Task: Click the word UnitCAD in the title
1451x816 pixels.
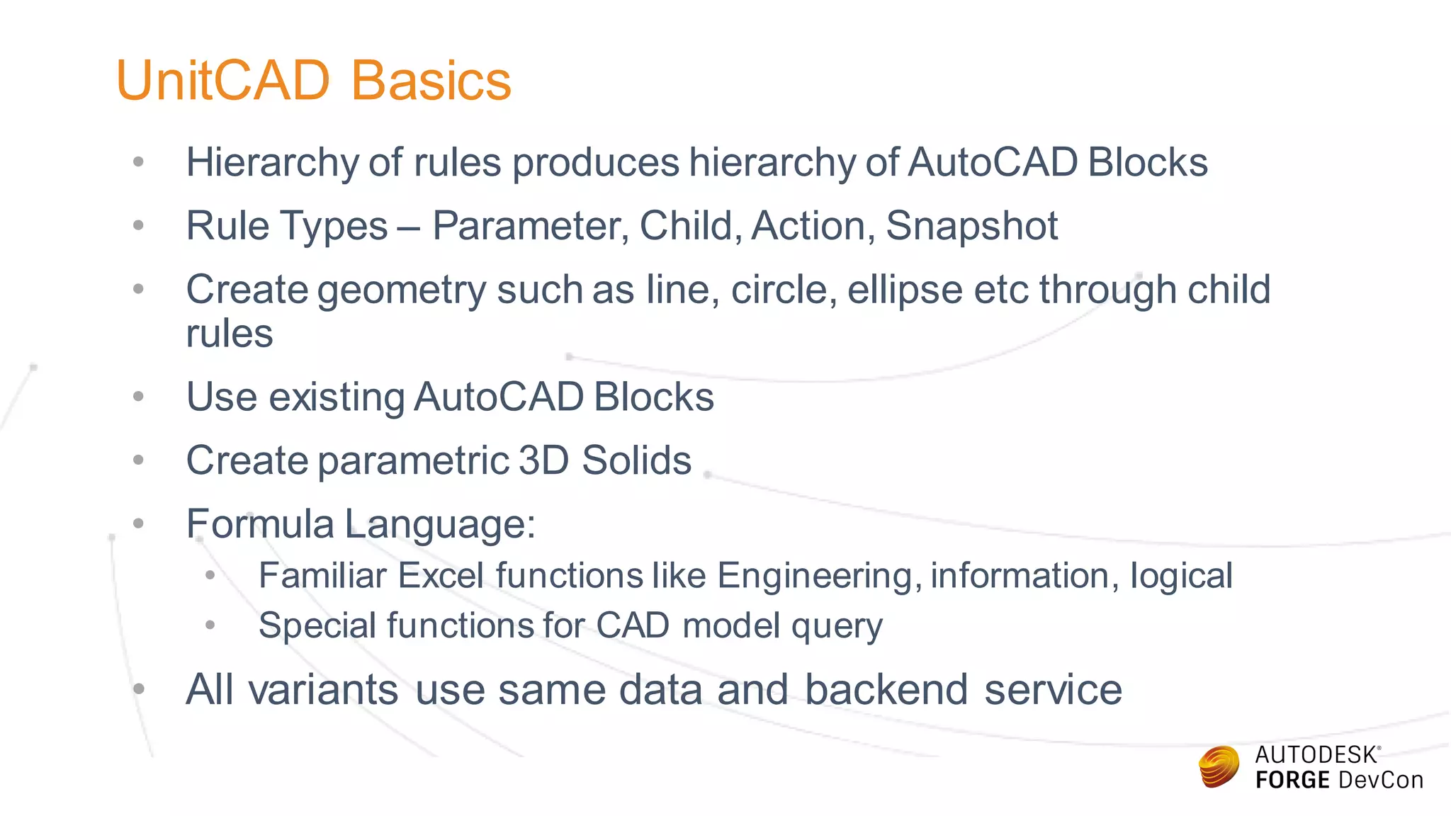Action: click(223, 81)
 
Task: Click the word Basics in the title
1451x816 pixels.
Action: click(431, 81)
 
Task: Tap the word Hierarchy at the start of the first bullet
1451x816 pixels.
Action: click(272, 163)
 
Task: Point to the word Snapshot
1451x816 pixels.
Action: click(971, 227)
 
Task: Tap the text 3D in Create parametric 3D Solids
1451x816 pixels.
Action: click(543, 461)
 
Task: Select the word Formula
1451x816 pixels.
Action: click(259, 525)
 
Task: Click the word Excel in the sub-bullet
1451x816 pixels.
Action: click(441, 576)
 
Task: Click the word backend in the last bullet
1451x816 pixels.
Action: click(886, 690)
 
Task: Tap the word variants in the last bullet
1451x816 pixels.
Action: click(324, 690)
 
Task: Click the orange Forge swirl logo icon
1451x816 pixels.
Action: click(1219, 767)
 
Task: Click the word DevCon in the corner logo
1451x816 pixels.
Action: click(1380, 781)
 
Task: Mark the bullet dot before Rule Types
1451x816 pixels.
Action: click(139, 226)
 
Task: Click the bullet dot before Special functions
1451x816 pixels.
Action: click(210, 625)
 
